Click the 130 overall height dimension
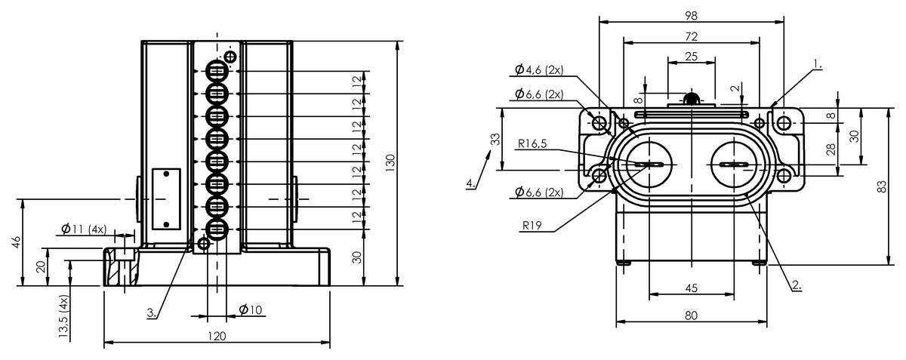pyautogui.click(x=390, y=163)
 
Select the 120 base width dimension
pyautogui.click(x=217, y=336)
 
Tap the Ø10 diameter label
pyautogui.click(x=251, y=310)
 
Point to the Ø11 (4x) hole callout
pyautogui.click(x=84, y=229)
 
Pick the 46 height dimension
pyautogui.click(x=16, y=243)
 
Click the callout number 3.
pyautogui.click(x=152, y=312)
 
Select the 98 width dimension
pyautogui.click(x=692, y=16)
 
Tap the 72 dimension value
pyautogui.click(x=692, y=37)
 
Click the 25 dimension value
pyautogui.click(x=692, y=56)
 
